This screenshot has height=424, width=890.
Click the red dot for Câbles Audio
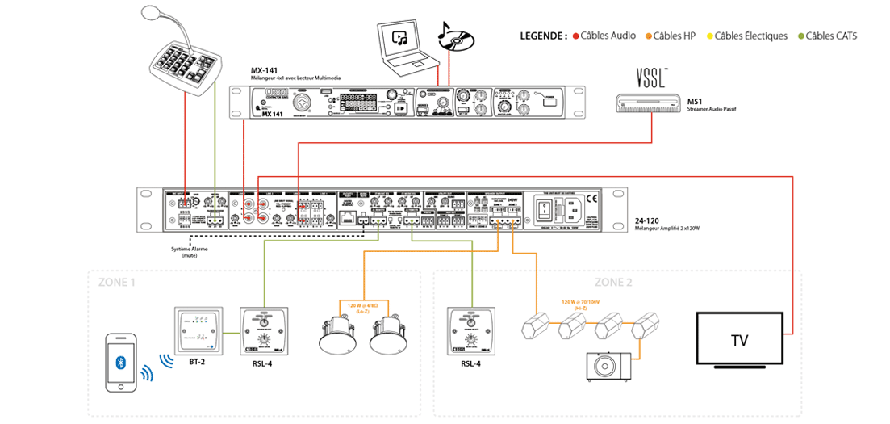click(576, 36)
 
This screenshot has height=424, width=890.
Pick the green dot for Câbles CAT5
click(800, 36)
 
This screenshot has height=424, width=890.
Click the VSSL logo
click(651, 78)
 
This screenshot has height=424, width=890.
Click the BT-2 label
click(197, 362)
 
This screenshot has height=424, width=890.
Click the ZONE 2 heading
click(612, 282)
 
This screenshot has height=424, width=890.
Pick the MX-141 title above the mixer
click(264, 70)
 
